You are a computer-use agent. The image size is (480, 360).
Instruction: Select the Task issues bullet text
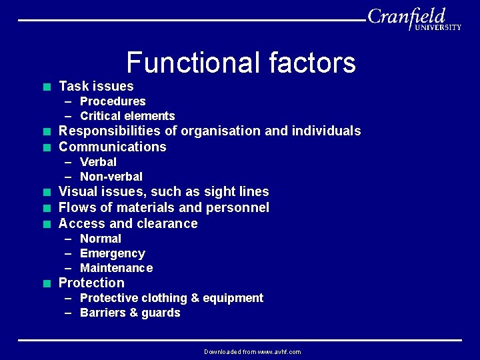(96, 86)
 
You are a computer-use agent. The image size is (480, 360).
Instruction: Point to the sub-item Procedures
(113, 101)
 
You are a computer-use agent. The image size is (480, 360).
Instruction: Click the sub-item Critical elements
(127, 116)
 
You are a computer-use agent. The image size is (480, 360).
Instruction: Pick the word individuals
(329, 131)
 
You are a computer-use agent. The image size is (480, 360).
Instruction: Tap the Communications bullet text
(113, 147)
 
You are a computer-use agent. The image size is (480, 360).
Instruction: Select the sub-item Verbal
(98, 162)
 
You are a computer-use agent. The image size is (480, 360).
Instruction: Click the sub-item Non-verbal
(111, 177)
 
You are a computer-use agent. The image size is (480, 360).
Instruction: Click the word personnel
(238, 207)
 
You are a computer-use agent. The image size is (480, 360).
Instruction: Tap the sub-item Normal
(101, 239)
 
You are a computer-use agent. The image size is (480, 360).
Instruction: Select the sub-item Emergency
(112, 253)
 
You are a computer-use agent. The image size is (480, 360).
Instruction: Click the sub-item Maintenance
(116, 268)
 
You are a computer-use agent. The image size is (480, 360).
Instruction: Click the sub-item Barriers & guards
(130, 313)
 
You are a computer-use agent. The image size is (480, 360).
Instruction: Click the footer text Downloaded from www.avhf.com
(253, 352)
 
